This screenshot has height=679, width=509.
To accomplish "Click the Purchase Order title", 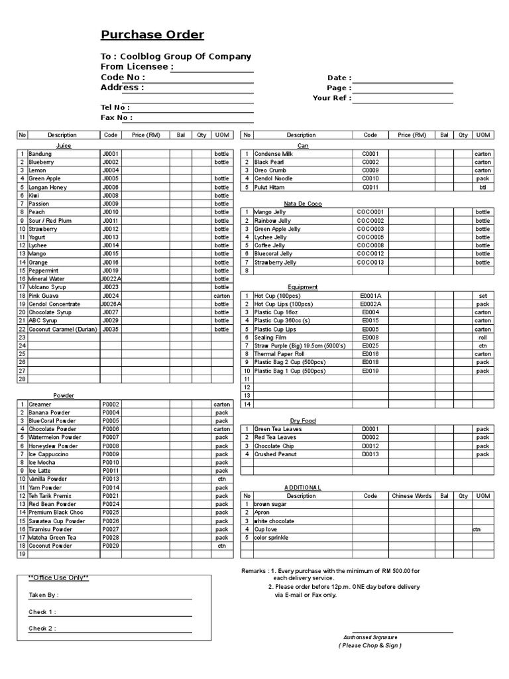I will [152, 35].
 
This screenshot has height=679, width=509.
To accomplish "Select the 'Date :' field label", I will [339, 78].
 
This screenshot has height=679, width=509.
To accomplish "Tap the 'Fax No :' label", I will [117, 118].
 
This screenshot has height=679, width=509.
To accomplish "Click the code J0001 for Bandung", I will [110, 154].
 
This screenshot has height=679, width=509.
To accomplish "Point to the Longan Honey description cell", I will [48, 187].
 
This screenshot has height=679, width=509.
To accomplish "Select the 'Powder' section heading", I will [64, 395].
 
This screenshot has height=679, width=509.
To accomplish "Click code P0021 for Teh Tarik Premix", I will [110, 496].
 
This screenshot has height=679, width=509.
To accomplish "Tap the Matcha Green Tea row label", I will [52, 537].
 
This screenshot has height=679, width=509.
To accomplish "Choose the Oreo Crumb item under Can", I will [270, 170].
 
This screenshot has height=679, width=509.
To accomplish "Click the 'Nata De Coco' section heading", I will [302, 204].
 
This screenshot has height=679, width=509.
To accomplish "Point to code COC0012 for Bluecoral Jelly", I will [370, 253].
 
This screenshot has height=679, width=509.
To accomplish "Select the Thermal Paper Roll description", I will [280, 354].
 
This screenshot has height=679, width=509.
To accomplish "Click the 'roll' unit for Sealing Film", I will [482, 338].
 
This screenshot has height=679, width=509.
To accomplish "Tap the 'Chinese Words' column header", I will [412, 496].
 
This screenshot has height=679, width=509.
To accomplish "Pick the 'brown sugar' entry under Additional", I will [270, 504].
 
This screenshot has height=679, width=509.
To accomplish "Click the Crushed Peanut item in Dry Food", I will [275, 454].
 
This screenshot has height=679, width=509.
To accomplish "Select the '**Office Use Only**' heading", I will [58, 578].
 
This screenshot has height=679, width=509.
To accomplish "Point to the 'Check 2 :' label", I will [42, 629].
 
